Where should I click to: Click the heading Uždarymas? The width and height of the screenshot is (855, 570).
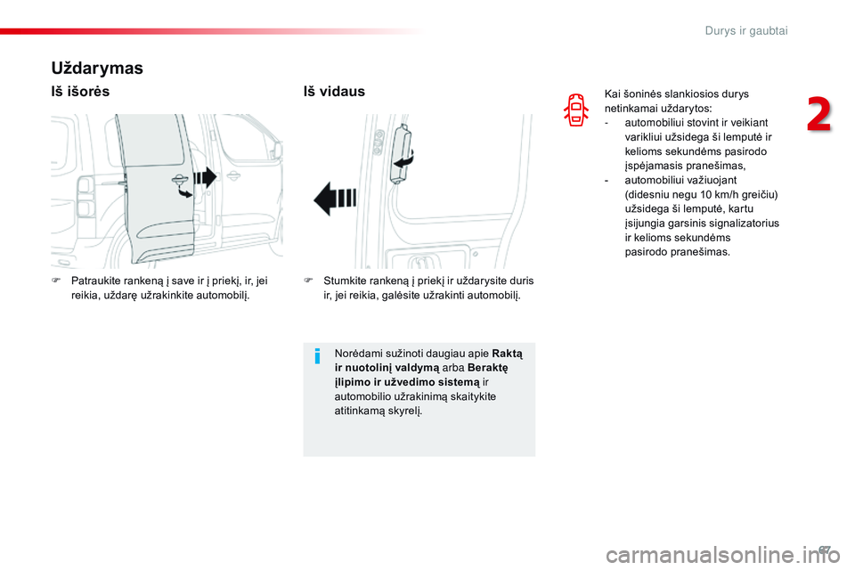pos(97,67)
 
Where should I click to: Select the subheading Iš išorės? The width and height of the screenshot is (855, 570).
pos(81,92)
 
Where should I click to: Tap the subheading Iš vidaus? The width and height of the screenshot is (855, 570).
pos(334,92)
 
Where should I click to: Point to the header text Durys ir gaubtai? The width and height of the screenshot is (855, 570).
pos(746,30)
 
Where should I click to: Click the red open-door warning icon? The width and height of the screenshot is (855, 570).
pos(576,110)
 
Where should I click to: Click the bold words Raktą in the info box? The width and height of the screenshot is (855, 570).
pos(508,354)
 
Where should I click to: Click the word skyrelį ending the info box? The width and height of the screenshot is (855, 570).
pos(403,411)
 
